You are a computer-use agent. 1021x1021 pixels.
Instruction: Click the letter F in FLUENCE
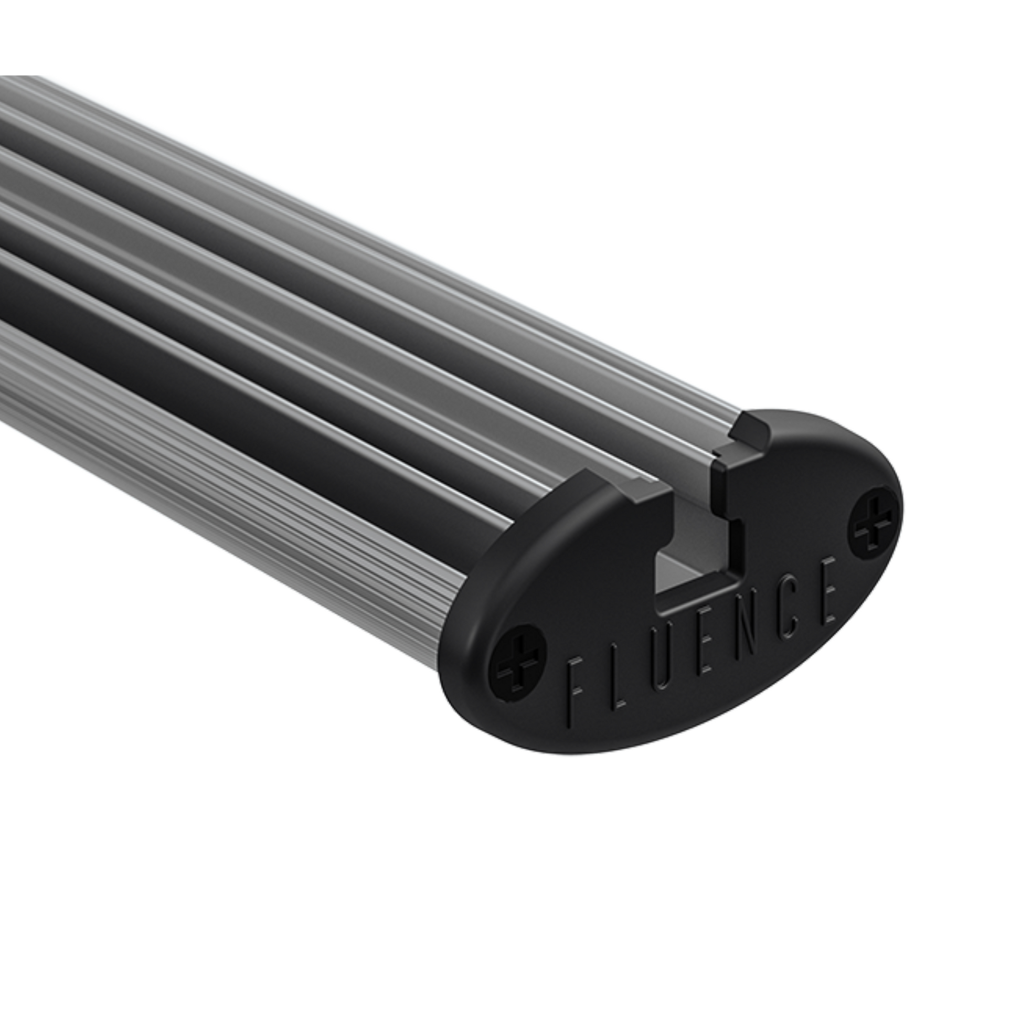pyautogui.click(x=575, y=687)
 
